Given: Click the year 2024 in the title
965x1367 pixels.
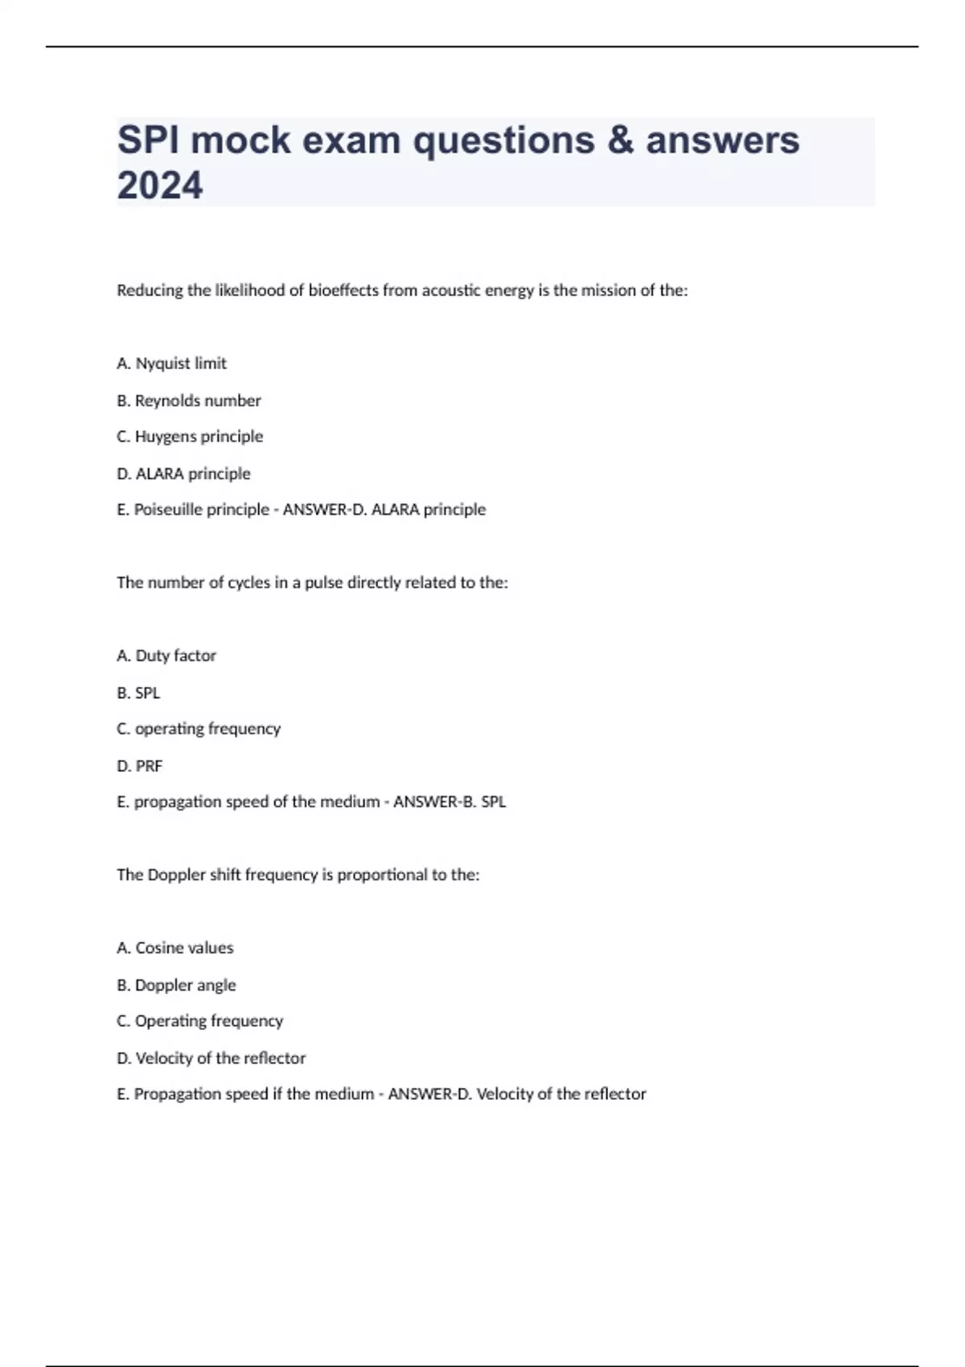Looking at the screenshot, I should click(160, 186).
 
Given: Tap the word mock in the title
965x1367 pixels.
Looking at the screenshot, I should click(240, 141).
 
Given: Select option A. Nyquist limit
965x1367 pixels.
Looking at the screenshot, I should click(171, 363).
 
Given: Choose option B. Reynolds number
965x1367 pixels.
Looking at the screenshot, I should click(189, 400).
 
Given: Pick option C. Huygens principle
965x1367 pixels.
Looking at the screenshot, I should click(190, 437).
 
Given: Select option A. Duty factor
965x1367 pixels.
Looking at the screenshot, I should click(166, 656).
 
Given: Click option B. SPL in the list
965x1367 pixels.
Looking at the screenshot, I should click(138, 693).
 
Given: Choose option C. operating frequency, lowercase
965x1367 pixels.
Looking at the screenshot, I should click(199, 729).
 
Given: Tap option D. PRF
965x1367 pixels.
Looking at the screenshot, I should click(139, 766).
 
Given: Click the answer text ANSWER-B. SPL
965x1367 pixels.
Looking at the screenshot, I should click(450, 802).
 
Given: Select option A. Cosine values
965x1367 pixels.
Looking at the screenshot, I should click(175, 948).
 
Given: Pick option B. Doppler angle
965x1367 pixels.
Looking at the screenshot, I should click(176, 985).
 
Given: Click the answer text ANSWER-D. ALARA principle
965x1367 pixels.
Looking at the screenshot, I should click(384, 510).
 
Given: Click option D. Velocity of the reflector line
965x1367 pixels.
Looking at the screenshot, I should click(211, 1058).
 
